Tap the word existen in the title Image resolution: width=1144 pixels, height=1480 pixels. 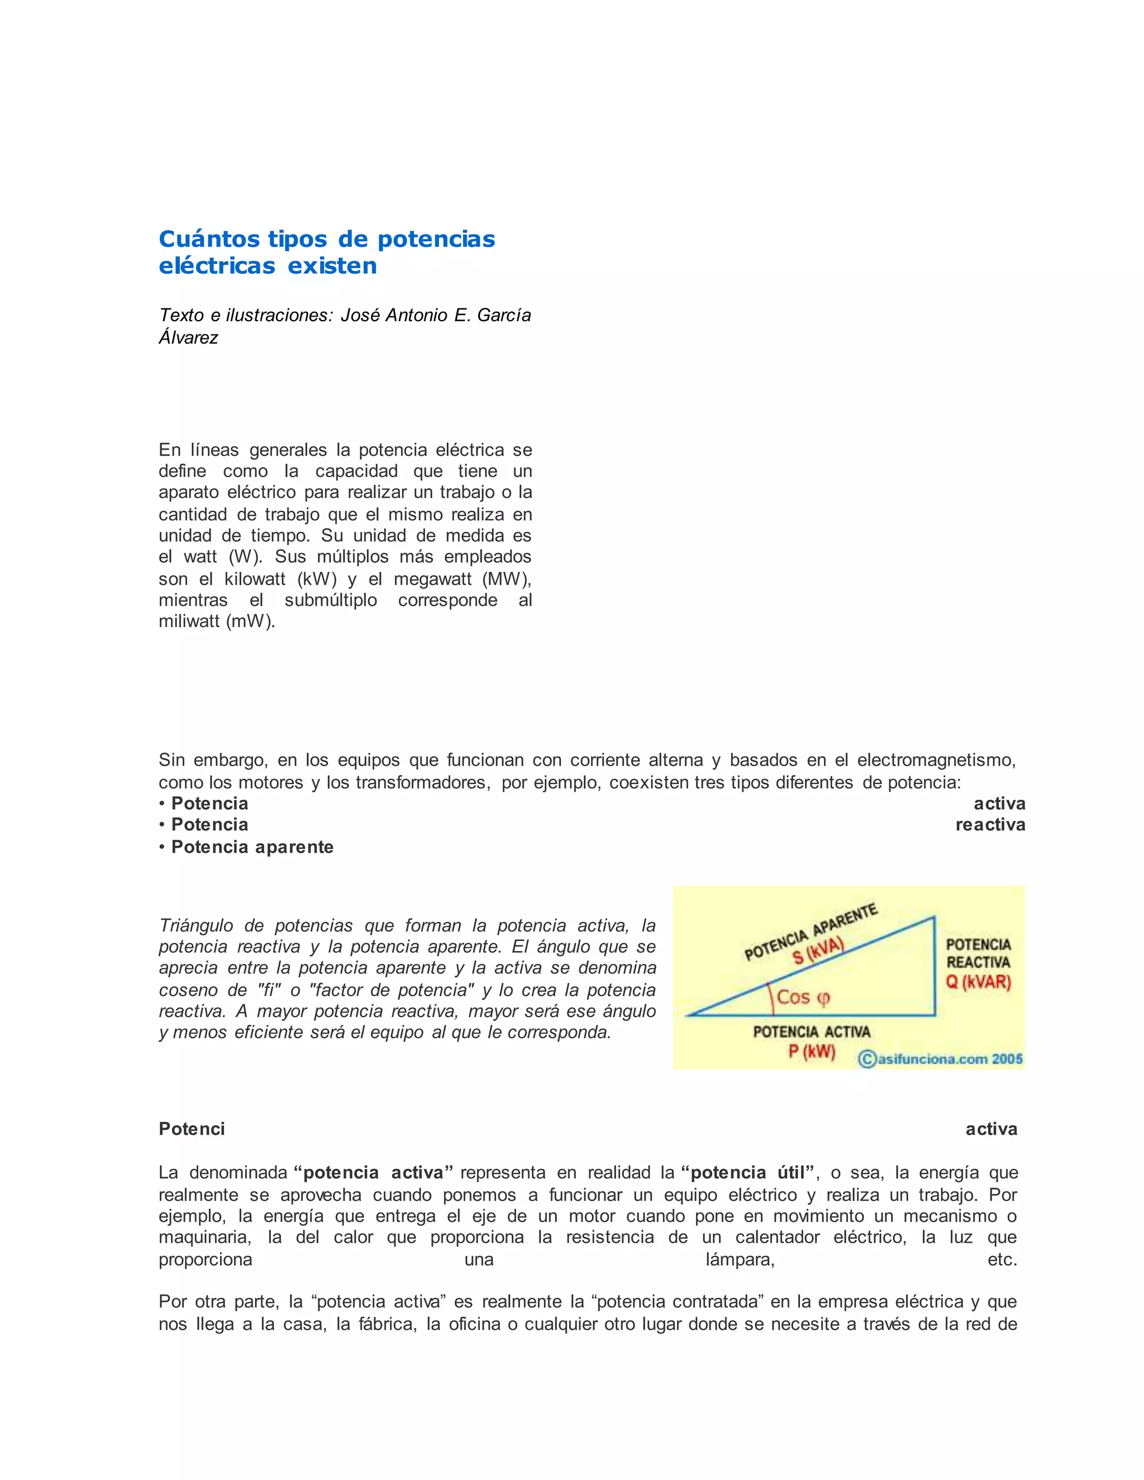(332, 266)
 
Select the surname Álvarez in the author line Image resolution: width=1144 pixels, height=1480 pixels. (188, 337)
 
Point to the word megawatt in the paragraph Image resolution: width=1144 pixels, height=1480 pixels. (432, 579)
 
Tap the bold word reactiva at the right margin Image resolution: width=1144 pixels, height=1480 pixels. (990, 825)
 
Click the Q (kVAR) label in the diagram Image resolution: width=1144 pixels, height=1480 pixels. (978, 982)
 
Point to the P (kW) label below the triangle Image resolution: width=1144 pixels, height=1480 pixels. (811, 1052)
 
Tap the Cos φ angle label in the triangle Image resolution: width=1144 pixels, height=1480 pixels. (803, 997)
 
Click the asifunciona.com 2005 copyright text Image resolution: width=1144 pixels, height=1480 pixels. (941, 1058)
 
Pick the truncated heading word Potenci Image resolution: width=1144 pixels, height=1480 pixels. (192, 1129)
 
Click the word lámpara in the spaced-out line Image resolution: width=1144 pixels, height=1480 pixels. (740, 1260)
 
